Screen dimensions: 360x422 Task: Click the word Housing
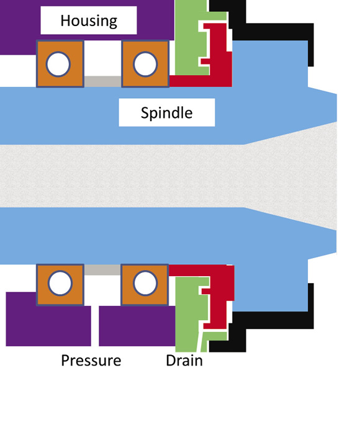pos(89,20)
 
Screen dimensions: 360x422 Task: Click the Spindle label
pos(167,113)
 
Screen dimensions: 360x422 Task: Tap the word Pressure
pos(91,361)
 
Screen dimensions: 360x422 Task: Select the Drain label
pos(184,361)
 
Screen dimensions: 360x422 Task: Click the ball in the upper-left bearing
pos(58,65)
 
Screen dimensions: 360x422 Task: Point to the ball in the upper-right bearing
pos(145,65)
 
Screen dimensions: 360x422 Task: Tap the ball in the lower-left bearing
pos(60,283)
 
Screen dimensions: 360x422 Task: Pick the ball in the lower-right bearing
pos(145,283)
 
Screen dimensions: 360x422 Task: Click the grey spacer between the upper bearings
pos(102,81)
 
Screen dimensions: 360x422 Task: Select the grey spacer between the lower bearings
pos(102,270)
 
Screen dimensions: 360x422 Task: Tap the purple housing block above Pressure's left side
pos(48,326)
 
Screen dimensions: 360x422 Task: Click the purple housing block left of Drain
pos(137,326)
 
